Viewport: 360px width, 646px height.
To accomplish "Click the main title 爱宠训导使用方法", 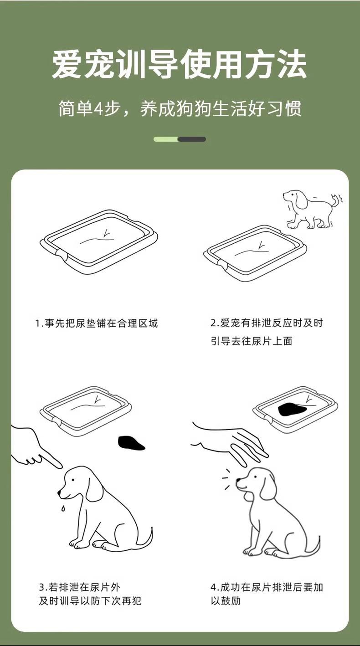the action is tap(179, 64).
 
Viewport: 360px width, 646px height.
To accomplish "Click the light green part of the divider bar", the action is tap(166, 139).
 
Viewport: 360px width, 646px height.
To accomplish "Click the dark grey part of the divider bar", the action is tap(192, 139).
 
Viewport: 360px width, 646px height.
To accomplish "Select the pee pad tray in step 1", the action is tap(98, 241).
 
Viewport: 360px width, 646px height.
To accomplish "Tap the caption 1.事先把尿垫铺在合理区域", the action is tap(97, 323).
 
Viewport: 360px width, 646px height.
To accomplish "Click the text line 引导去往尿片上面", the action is tap(252, 341).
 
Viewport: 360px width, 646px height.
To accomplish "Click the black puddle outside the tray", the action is tap(131, 443).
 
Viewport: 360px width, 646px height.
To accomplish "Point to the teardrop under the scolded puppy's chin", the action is tap(62, 508).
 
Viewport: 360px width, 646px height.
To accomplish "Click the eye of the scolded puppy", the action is tap(73, 480).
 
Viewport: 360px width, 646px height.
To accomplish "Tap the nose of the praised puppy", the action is tap(238, 480).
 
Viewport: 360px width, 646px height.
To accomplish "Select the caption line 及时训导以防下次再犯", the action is tap(90, 601).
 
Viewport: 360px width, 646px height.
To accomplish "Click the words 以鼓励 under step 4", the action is tap(226, 601).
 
